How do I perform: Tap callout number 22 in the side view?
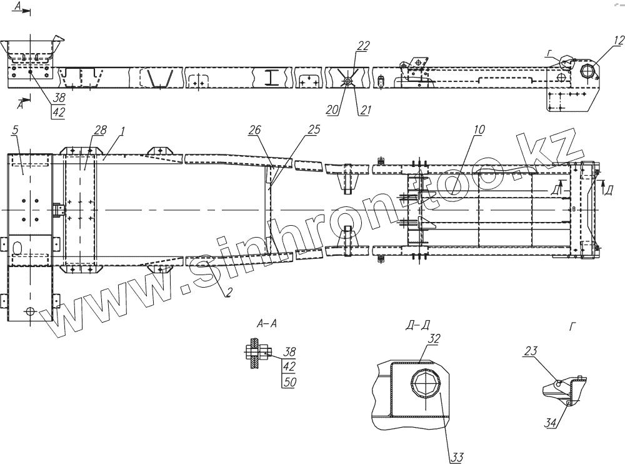(x=363, y=46)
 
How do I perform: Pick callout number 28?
(x=100, y=129)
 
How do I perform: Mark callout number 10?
(x=479, y=130)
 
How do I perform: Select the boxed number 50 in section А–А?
(x=289, y=381)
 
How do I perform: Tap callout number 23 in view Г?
(x=530, y=351)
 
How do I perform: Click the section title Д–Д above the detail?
(x=417, y=325)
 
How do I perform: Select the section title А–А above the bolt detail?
(x=267, y=324)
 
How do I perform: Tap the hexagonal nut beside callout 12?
(x=589, y=70)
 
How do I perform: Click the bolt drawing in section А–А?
(x=256, y=353)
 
